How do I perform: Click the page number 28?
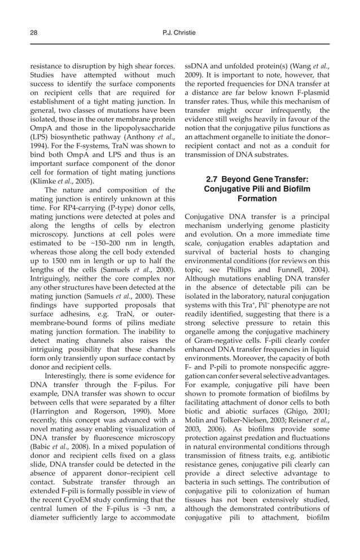point(33,33)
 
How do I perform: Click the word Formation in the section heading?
point(257,199)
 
